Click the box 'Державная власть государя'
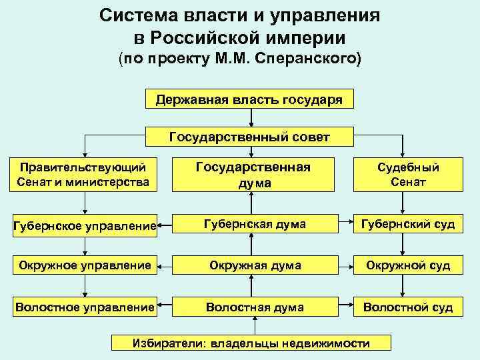(249, 100)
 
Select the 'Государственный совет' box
(249, 137)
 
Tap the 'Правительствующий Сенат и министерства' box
(83, 174)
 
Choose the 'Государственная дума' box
(253, 174)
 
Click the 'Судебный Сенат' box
(408, 174)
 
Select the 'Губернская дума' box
(254, 225)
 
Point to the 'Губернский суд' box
(408, 225)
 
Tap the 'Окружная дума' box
(254, 265)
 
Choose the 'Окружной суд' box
(408, 265)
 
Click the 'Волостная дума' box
(254, 307)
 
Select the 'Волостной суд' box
(408, 307)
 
